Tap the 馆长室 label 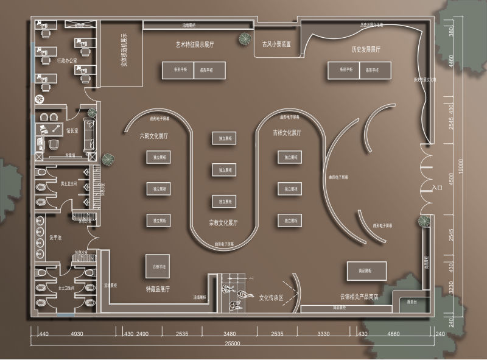(x=74, y=129)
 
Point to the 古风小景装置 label (x=276, y=44)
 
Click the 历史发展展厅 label (x=366, y=49)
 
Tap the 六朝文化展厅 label (x=154, y=135)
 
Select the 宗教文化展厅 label (x=223, y=222)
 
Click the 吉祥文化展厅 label (x=287, y=132)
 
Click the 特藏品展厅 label (x=158, y=288)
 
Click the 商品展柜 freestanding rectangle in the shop (x=367, y=270)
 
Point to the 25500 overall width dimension (x=231, y=344)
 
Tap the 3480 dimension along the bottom (x=229, y=334)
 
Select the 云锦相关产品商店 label (x=359, y=297)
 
